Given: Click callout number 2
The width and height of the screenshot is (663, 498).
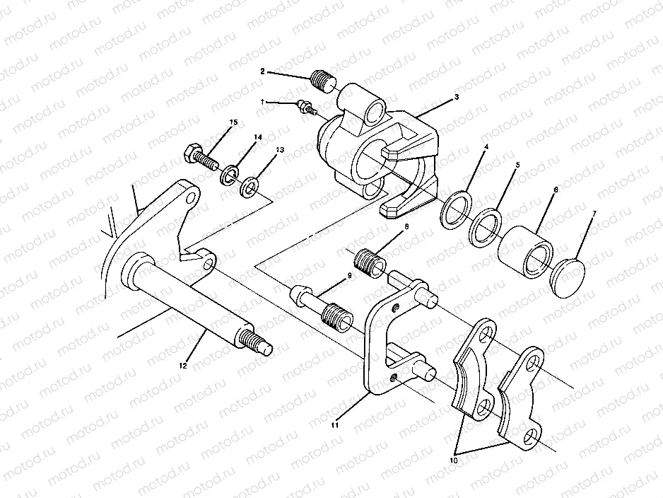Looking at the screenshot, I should (x=262, y=71).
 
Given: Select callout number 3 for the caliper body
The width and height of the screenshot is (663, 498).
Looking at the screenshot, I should (x=458, y=97).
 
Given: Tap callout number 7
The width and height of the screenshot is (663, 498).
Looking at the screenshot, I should (x=593, y=213).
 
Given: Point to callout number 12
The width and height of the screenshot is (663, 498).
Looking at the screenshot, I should (x=183, y=366).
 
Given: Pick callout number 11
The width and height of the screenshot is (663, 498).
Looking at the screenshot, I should (x=335, y=425).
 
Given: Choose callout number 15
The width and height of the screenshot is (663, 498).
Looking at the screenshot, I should (x=233, y=123).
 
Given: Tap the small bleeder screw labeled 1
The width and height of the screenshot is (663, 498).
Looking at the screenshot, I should (x=305, y=107).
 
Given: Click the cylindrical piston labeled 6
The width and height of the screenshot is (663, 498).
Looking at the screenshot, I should (x=524, y=249).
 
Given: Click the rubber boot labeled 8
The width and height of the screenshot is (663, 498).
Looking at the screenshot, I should (x=368, y=262).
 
